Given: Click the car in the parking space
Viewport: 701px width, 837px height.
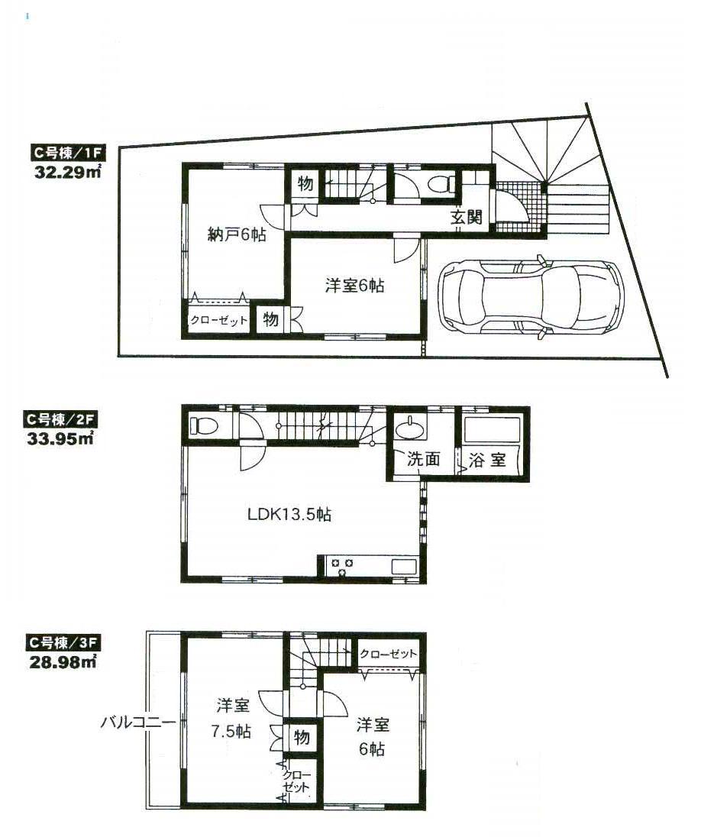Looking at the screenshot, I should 528,296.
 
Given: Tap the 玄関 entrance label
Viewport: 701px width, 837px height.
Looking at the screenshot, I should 465,217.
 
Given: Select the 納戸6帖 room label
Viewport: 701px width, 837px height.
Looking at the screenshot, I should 237,236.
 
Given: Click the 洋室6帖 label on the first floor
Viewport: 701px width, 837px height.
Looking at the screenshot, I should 354,286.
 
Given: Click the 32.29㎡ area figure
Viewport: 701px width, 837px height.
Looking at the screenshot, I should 68,173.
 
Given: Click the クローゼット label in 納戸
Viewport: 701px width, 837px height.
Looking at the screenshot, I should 218,321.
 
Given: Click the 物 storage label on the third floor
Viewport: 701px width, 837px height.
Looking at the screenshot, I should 302,737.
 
